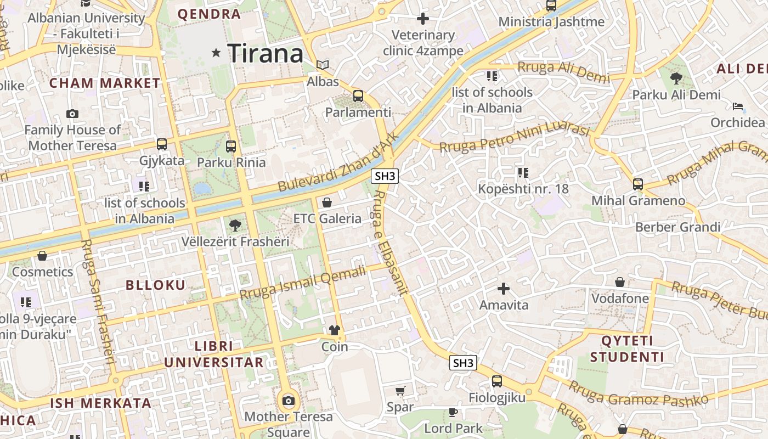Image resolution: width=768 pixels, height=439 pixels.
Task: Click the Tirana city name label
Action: pyautogui.click(x=266, y=53)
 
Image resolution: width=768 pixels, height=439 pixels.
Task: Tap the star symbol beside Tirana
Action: pyautogui.click(x=216, y=53)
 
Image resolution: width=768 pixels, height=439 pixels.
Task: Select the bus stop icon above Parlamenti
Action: pyautogui.click(x=358, y=96)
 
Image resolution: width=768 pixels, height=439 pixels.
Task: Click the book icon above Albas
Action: pyautogui.click(x=323, y=65)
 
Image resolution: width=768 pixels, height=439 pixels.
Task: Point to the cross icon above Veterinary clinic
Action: pyautogui.click(x=423, y=19)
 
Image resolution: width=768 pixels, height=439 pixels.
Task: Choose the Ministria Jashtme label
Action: pyautogui.click(x=551, y=22)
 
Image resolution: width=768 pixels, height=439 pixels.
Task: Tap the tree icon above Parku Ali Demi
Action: pyautogui.click(x=676, y=78)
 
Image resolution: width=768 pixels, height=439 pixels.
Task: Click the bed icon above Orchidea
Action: pyautogui.click(x=738, y=106)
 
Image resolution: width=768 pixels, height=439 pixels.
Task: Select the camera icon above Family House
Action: pyautogui.click(x=72, y=114)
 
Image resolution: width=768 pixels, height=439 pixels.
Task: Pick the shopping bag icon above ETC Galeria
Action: pyautogui.click(x=327, y=202)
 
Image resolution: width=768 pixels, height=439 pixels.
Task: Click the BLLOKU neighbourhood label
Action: pyautogui.click(x=156, y=285)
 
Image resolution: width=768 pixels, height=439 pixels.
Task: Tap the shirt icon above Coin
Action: pyautogui.click(x=334, y=330)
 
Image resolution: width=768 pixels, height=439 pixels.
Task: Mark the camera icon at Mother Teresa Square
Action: pyautogui.click(x=288, y=401)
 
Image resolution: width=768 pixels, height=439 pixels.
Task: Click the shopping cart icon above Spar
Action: pyautogui.click(x=400, y=391)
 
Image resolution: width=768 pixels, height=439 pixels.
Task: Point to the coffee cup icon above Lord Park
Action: pyautogui.click(x=453, y=412)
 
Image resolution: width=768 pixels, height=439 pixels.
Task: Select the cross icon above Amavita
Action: pyautogui.click(x=504, y=288)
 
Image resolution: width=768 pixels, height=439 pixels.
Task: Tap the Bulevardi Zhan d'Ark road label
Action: pyautogui.click(x=337, y=163)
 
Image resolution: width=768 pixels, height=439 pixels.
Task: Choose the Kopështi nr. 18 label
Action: pyautogui.click(x=523, y=189)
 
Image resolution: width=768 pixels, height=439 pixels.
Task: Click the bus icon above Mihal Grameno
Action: pyautogui.click(x=638, y=184)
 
